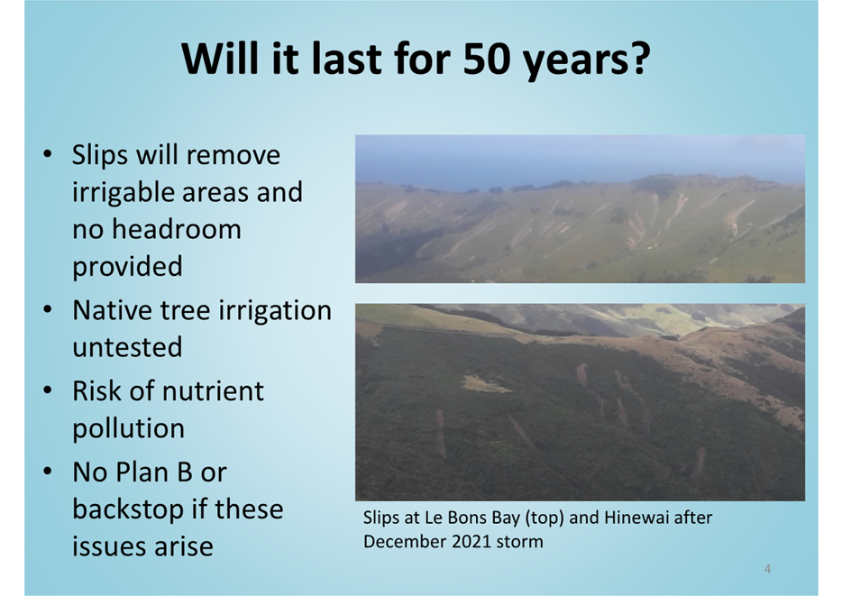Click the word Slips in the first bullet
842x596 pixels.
click(100, 156)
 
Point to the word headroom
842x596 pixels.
click(176, 229)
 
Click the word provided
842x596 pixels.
click(127, 267)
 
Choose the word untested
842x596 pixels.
click(127, 347)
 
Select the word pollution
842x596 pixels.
click(128, 428)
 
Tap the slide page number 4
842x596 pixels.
click(767, 569)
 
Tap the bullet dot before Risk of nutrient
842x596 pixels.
click(48, 391)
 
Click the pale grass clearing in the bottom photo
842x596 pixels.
click(486, 384)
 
